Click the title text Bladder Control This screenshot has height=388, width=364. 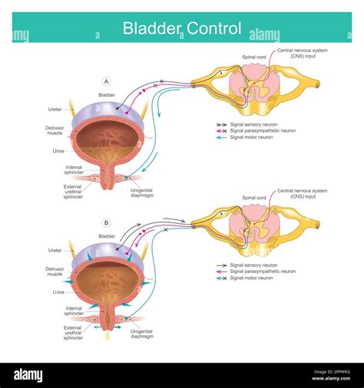pos(182,28)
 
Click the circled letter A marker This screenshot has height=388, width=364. pos(106,81)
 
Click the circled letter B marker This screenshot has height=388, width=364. pos(106,223)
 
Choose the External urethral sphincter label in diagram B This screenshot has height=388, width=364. pos(74,332)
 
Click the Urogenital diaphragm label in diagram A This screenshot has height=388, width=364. pos(147,193)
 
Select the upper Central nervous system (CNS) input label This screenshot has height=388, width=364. pos(302,53)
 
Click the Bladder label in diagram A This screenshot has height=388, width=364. pos(106,94)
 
